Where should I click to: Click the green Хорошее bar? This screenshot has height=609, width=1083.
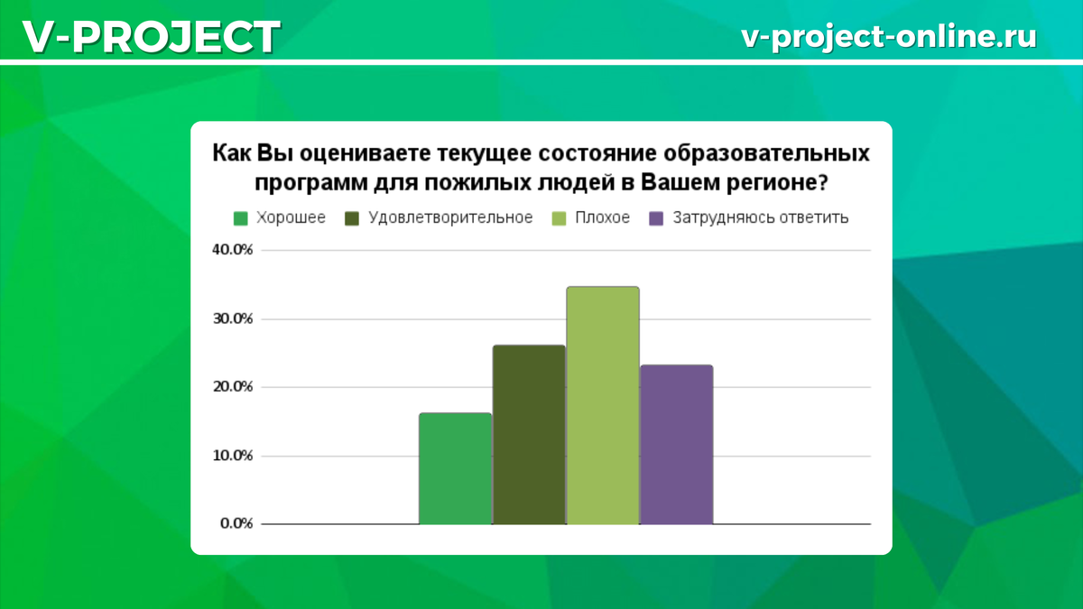point(455,469)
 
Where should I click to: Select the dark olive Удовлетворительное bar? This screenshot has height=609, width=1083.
point(529,435)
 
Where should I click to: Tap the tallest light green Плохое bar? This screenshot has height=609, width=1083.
point(603,406)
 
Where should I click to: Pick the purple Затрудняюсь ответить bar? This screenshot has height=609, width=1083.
point(676,445)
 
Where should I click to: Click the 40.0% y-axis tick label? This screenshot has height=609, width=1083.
point(232,251)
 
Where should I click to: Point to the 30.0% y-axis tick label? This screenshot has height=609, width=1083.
point(232,319)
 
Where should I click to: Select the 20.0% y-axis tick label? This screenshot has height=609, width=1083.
point(232,387)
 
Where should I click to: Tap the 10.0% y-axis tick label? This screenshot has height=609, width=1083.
point(232,456)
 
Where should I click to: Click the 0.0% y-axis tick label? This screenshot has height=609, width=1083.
point(236,524)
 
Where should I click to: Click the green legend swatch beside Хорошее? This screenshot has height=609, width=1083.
point(240,218)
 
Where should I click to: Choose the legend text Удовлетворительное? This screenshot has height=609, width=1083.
point(451,218)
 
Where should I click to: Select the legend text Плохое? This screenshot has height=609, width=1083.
point(602,218)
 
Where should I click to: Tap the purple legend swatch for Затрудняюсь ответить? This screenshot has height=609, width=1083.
point(657,218)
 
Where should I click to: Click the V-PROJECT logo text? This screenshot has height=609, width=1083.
point(150,36)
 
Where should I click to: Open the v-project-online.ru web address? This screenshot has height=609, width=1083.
point(888,36)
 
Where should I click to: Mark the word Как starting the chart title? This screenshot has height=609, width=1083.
point(231,152)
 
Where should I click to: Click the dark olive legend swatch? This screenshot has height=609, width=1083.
point(352,218)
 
